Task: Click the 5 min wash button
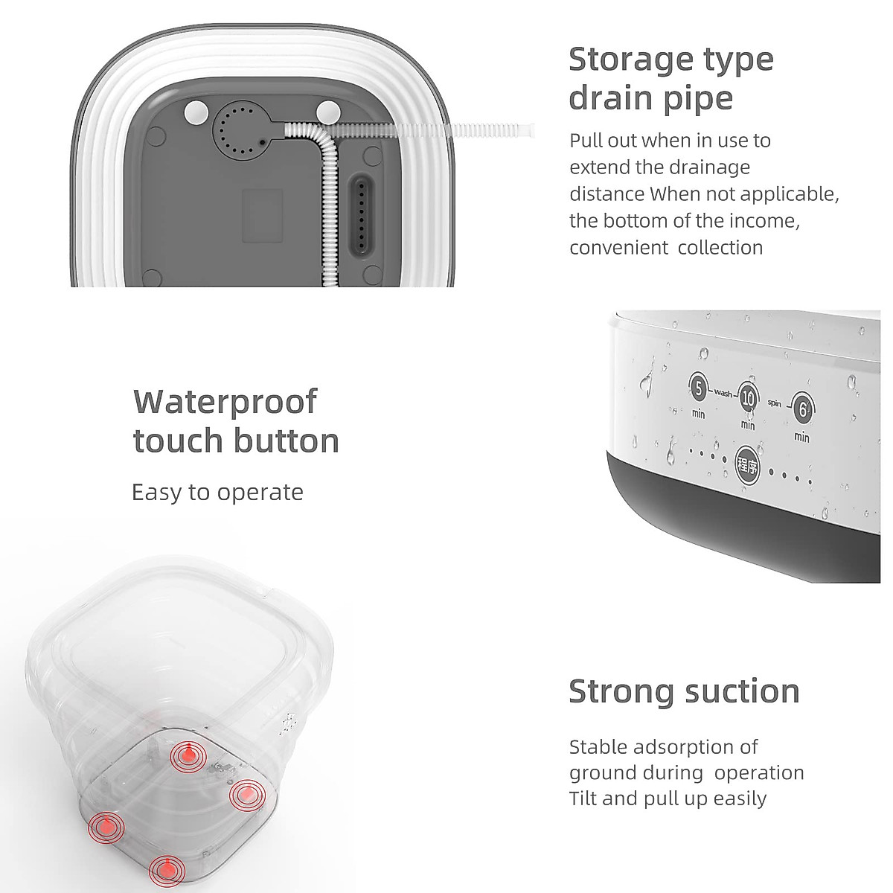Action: pyautogui.click(x=698, y=388)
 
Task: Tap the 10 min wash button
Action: pyautogui.click(x=748, y=399)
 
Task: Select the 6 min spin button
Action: pyautogui.click(x=801, y=409)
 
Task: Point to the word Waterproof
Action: pyautogui.click(x=225, y=403)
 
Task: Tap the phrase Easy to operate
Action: pyautogui.click(x=217, y=493)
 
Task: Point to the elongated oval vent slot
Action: pyautogui.click(x=362, y=217)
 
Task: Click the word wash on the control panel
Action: pyautogui.click(x=723, y=391)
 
